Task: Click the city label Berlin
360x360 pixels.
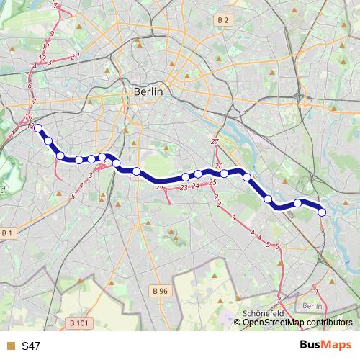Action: [148, 91]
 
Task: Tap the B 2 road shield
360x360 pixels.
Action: [222, 21]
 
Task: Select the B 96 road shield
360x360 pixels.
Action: [161, 291]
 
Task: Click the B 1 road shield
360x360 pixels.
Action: [7, 233]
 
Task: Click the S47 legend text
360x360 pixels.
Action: [31, 346]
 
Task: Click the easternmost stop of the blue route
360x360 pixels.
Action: [322, 212]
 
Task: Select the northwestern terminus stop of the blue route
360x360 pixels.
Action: [39, 129]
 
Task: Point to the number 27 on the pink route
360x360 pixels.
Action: [215, 141]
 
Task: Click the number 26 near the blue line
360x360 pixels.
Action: [219, 166]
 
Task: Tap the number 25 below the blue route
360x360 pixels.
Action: [212, 183]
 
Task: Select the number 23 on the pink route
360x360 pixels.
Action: [184, 187]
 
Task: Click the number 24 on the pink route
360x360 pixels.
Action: [195, 185]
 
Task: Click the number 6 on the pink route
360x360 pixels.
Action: [30, 86]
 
